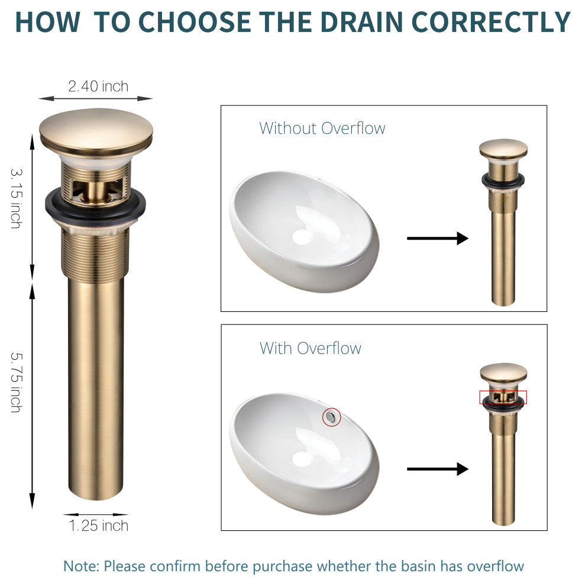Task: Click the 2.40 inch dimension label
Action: (98, 86)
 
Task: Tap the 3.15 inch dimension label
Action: (17, 198)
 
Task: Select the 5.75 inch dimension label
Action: (17, 382)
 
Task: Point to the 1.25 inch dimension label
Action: (99, 526)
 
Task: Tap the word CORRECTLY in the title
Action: (491, 22)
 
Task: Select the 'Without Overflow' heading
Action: (322, 128)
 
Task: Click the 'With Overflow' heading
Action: (311, 348)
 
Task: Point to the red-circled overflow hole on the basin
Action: (331, 417)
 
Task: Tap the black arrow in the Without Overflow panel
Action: (438, 238)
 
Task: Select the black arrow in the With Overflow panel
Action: (438, 469)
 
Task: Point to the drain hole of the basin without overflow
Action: (302, 237)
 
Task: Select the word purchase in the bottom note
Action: (282, 566)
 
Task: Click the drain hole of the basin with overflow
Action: (302, 459)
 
